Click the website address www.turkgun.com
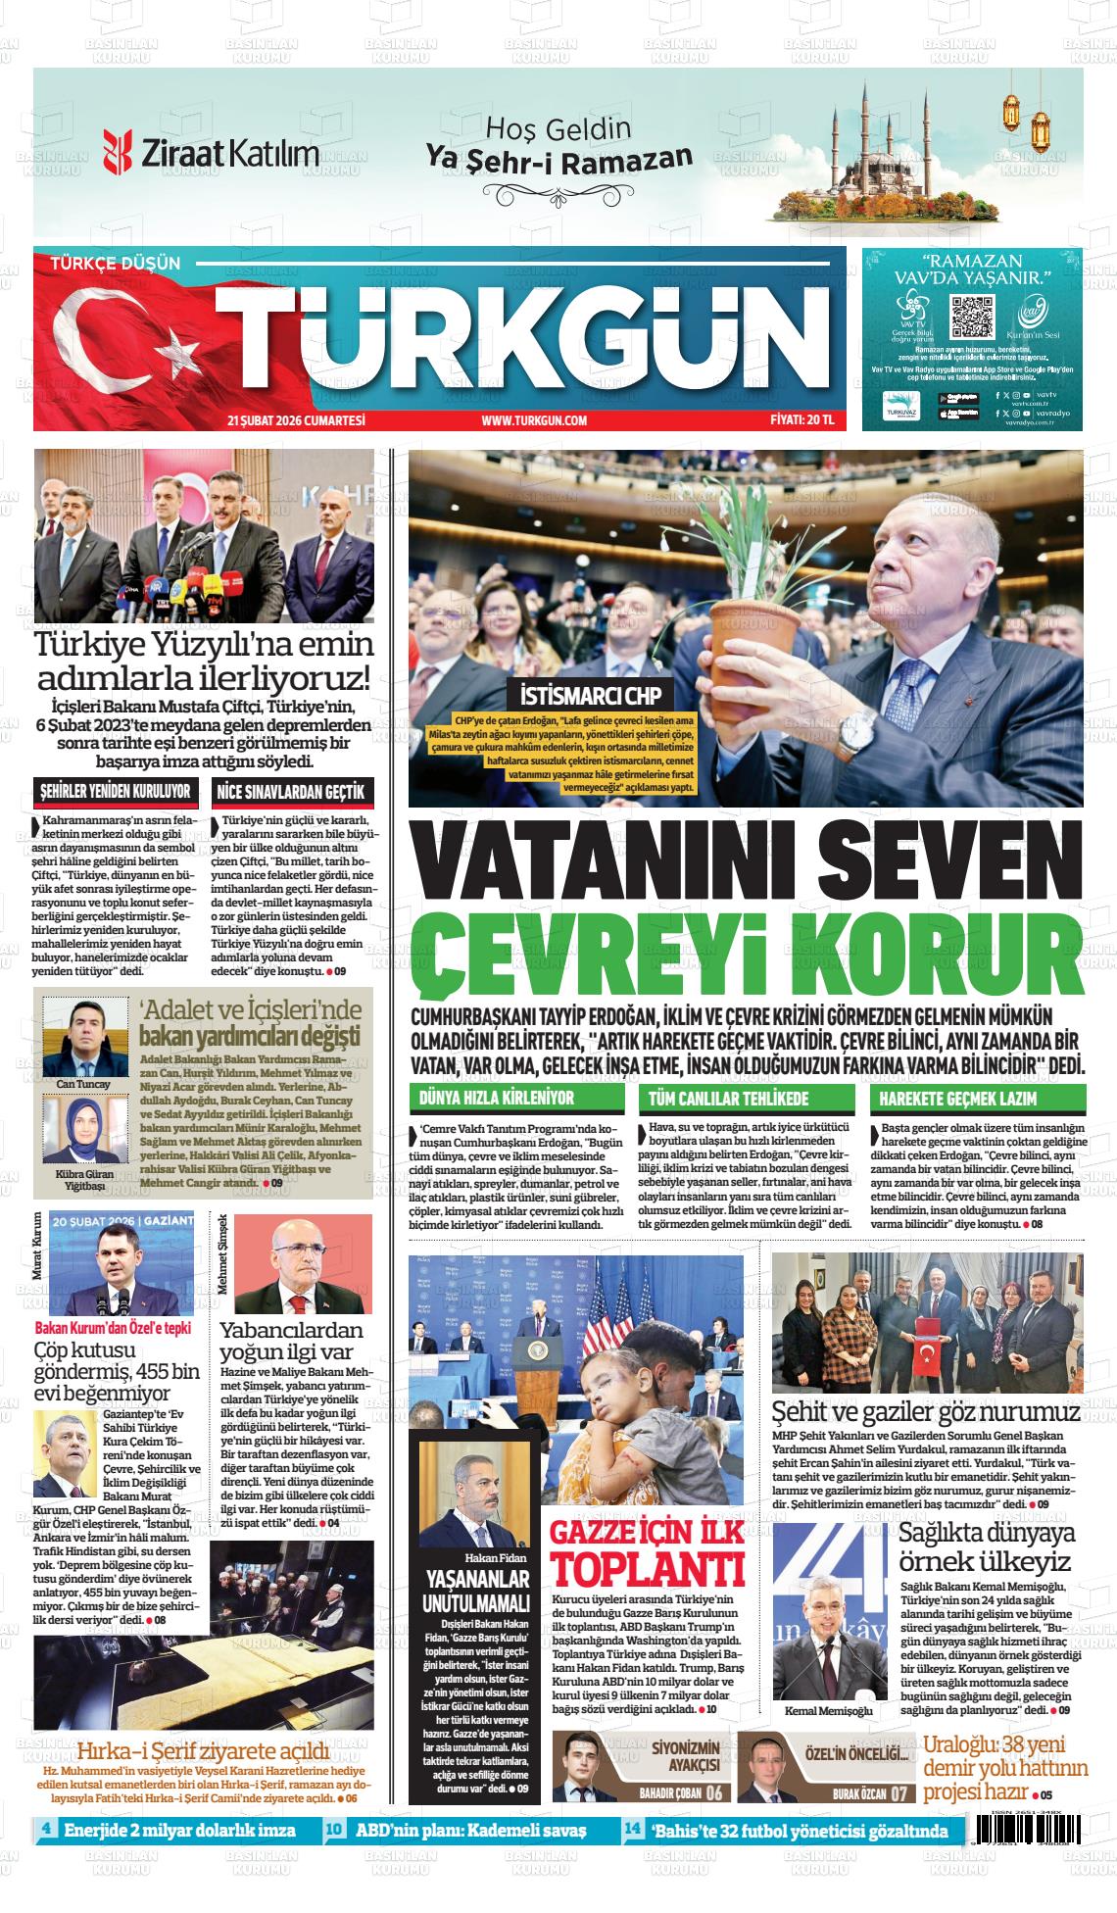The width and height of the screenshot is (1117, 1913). point(534,420)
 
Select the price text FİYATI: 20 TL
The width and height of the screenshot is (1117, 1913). point(801,420)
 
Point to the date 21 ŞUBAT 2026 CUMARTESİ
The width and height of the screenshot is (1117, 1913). point(296,420)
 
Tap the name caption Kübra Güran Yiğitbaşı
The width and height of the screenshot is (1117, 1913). point(84,1179)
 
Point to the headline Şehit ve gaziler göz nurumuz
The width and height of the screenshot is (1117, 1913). point(926,1412)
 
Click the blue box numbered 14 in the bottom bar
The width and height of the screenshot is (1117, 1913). point(633,1830)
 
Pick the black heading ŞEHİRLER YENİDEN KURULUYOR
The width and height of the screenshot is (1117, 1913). point(115,791)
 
